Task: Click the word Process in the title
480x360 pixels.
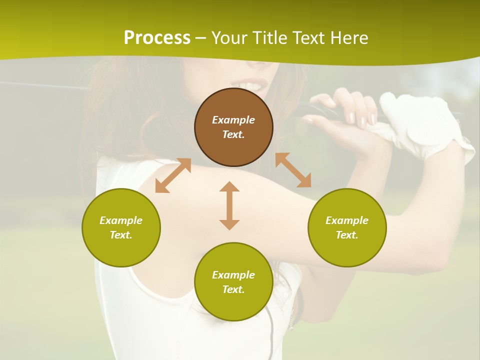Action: (157, 38)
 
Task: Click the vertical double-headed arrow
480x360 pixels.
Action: (229, 205)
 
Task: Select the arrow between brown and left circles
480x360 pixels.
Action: (173, 175)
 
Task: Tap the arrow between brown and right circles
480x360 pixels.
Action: (293, 170)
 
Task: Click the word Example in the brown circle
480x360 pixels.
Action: (233, 120)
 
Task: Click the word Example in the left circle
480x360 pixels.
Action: (121, 220)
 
